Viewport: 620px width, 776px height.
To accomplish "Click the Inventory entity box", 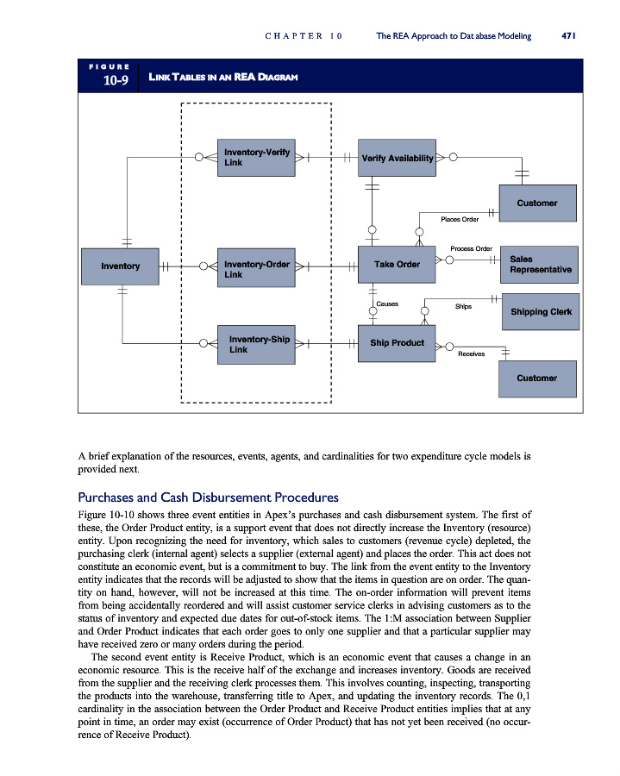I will tap(120, 266).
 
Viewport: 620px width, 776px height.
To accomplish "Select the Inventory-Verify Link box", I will tap(255, 157).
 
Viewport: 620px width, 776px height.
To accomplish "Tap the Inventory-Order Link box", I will tap(255, 268).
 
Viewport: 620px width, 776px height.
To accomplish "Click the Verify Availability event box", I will tap(398, 158).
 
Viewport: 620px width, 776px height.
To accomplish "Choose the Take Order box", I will tap(398, 265).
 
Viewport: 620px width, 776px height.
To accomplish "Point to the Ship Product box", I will tap(398, 343).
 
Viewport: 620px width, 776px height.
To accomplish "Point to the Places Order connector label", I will tap(459, 220).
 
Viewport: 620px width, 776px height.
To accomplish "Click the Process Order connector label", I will tap(471, 249).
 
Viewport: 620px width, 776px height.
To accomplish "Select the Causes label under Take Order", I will tap(387, 304).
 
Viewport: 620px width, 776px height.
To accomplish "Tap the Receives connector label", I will tap(472, 354).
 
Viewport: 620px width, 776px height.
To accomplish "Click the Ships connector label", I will tap(463, 305).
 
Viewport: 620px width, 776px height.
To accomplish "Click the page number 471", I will tap(567, 36).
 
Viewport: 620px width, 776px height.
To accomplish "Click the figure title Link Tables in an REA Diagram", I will tap(223, 78).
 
